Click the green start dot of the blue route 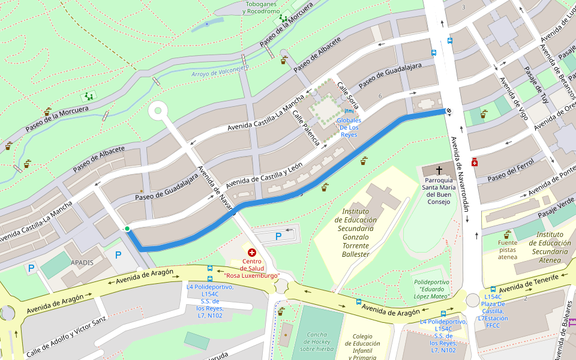(x=127, y=229)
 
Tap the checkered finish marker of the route (x=448, y=110)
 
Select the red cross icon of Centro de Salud (x=252, y=253)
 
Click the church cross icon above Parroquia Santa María (x=439, y=170)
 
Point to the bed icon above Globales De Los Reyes (x=349, y=111)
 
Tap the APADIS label (x=82, y=262)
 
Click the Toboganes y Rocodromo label (x=261, y=7)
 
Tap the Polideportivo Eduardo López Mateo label (x=431, y=289)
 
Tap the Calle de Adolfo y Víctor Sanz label (x=65, y=332)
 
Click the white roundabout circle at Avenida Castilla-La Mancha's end (x=158, y=110)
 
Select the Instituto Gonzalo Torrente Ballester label (x=360, y=232)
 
